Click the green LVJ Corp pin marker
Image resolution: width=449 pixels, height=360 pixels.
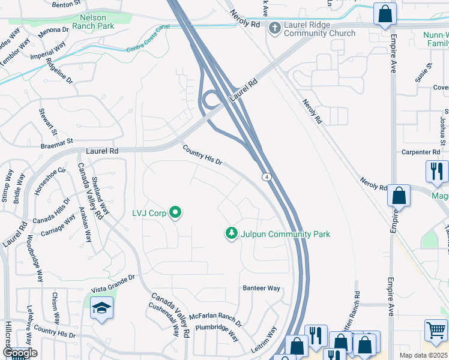click(175, 213)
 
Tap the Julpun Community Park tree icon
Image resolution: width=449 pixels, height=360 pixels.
click(232, 233)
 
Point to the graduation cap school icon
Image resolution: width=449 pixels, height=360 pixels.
click(102, 309)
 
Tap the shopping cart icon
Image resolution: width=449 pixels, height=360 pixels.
click(436, 331)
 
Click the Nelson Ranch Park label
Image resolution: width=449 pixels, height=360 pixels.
click(92, 22)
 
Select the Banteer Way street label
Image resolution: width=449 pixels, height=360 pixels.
click(261, 289)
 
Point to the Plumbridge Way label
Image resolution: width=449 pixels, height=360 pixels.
click(217, 335)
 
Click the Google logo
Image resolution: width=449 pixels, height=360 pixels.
click(19, 353)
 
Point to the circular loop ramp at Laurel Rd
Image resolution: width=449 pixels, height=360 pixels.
click(211, 99)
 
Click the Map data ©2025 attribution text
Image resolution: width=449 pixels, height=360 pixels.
click(423, 355)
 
